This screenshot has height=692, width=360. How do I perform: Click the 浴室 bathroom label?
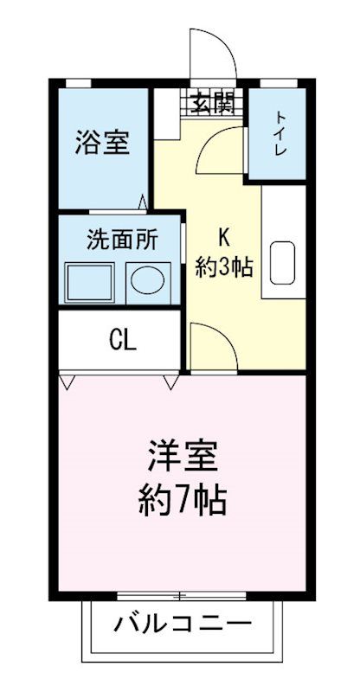tap(102, 143)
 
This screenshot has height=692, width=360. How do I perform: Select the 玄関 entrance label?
tap(212, 102)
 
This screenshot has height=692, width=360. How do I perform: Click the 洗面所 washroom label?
tap(122, 240)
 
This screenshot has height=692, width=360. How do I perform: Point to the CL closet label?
tap(122, 339)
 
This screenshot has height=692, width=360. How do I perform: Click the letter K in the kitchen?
tap(223, 236)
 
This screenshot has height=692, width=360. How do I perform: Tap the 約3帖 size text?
tap(223, 267)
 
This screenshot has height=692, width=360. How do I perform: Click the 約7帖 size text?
tap(182, 500)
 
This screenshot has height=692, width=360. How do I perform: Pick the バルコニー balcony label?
tap(182, 622)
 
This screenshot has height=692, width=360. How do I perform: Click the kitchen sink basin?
tap(283, 262)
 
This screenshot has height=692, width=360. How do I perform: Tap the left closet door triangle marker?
tap(67, 381)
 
